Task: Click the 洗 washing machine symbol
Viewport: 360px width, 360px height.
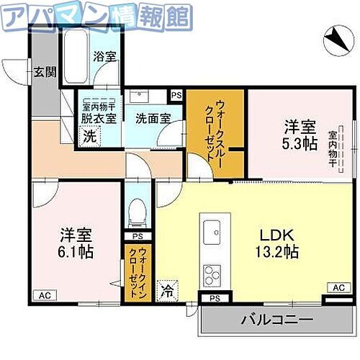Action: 87,135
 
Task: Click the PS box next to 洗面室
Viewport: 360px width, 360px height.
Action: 176,94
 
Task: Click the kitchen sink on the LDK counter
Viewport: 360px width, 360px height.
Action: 213,232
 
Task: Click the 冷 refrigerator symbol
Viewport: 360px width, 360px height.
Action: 166,292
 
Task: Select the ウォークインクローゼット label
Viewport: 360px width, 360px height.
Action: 135,274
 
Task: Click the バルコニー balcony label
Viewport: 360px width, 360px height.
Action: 276,319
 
